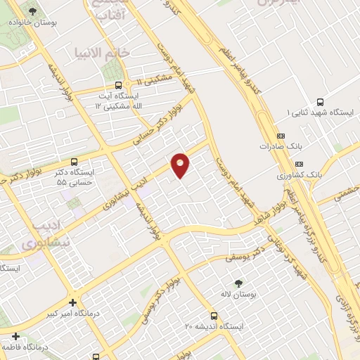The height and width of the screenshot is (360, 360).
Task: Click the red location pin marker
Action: point(181,165)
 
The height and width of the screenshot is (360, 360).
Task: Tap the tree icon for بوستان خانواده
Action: point(33,11)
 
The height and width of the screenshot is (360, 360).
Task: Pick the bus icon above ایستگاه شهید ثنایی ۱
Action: point(321,101)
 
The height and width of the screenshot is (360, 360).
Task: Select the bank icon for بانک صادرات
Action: point(282,136)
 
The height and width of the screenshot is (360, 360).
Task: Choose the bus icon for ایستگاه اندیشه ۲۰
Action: point(214,316)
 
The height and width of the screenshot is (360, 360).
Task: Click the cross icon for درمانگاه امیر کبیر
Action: point(71,303)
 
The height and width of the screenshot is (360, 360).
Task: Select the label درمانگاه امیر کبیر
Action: point(71,314)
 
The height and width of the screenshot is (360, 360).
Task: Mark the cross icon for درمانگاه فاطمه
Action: point(15,337)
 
